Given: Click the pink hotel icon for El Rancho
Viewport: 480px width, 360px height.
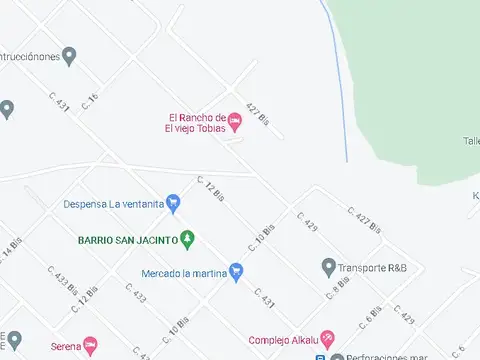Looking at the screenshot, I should pyautogui.click(x=235, y=122).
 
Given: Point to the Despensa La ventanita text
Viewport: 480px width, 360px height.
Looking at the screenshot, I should pyautogui.click(x=113, y=204).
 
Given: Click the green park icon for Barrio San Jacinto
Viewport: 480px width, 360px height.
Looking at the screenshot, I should pyautogui.click(x=187, y=239).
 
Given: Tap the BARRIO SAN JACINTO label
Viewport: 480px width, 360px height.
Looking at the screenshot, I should pyautogui.click(x=127, y=240).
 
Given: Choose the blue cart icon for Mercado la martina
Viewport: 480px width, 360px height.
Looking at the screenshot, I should pyautogui.click(x=236, y=271).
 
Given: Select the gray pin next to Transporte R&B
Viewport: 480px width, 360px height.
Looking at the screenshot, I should pyautogui.click(x=328, y=266).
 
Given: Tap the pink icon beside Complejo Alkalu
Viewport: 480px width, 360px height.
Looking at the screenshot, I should pyautogui.click(x=327, y=338).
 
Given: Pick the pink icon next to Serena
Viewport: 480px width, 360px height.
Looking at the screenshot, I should pyautogui.click(x=90, y=345).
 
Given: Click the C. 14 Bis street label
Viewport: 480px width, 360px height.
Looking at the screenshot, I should pyautogui.click(x=12, y=248).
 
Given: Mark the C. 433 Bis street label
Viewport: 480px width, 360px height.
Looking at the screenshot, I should pyautogui.click(x=64, y=282).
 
